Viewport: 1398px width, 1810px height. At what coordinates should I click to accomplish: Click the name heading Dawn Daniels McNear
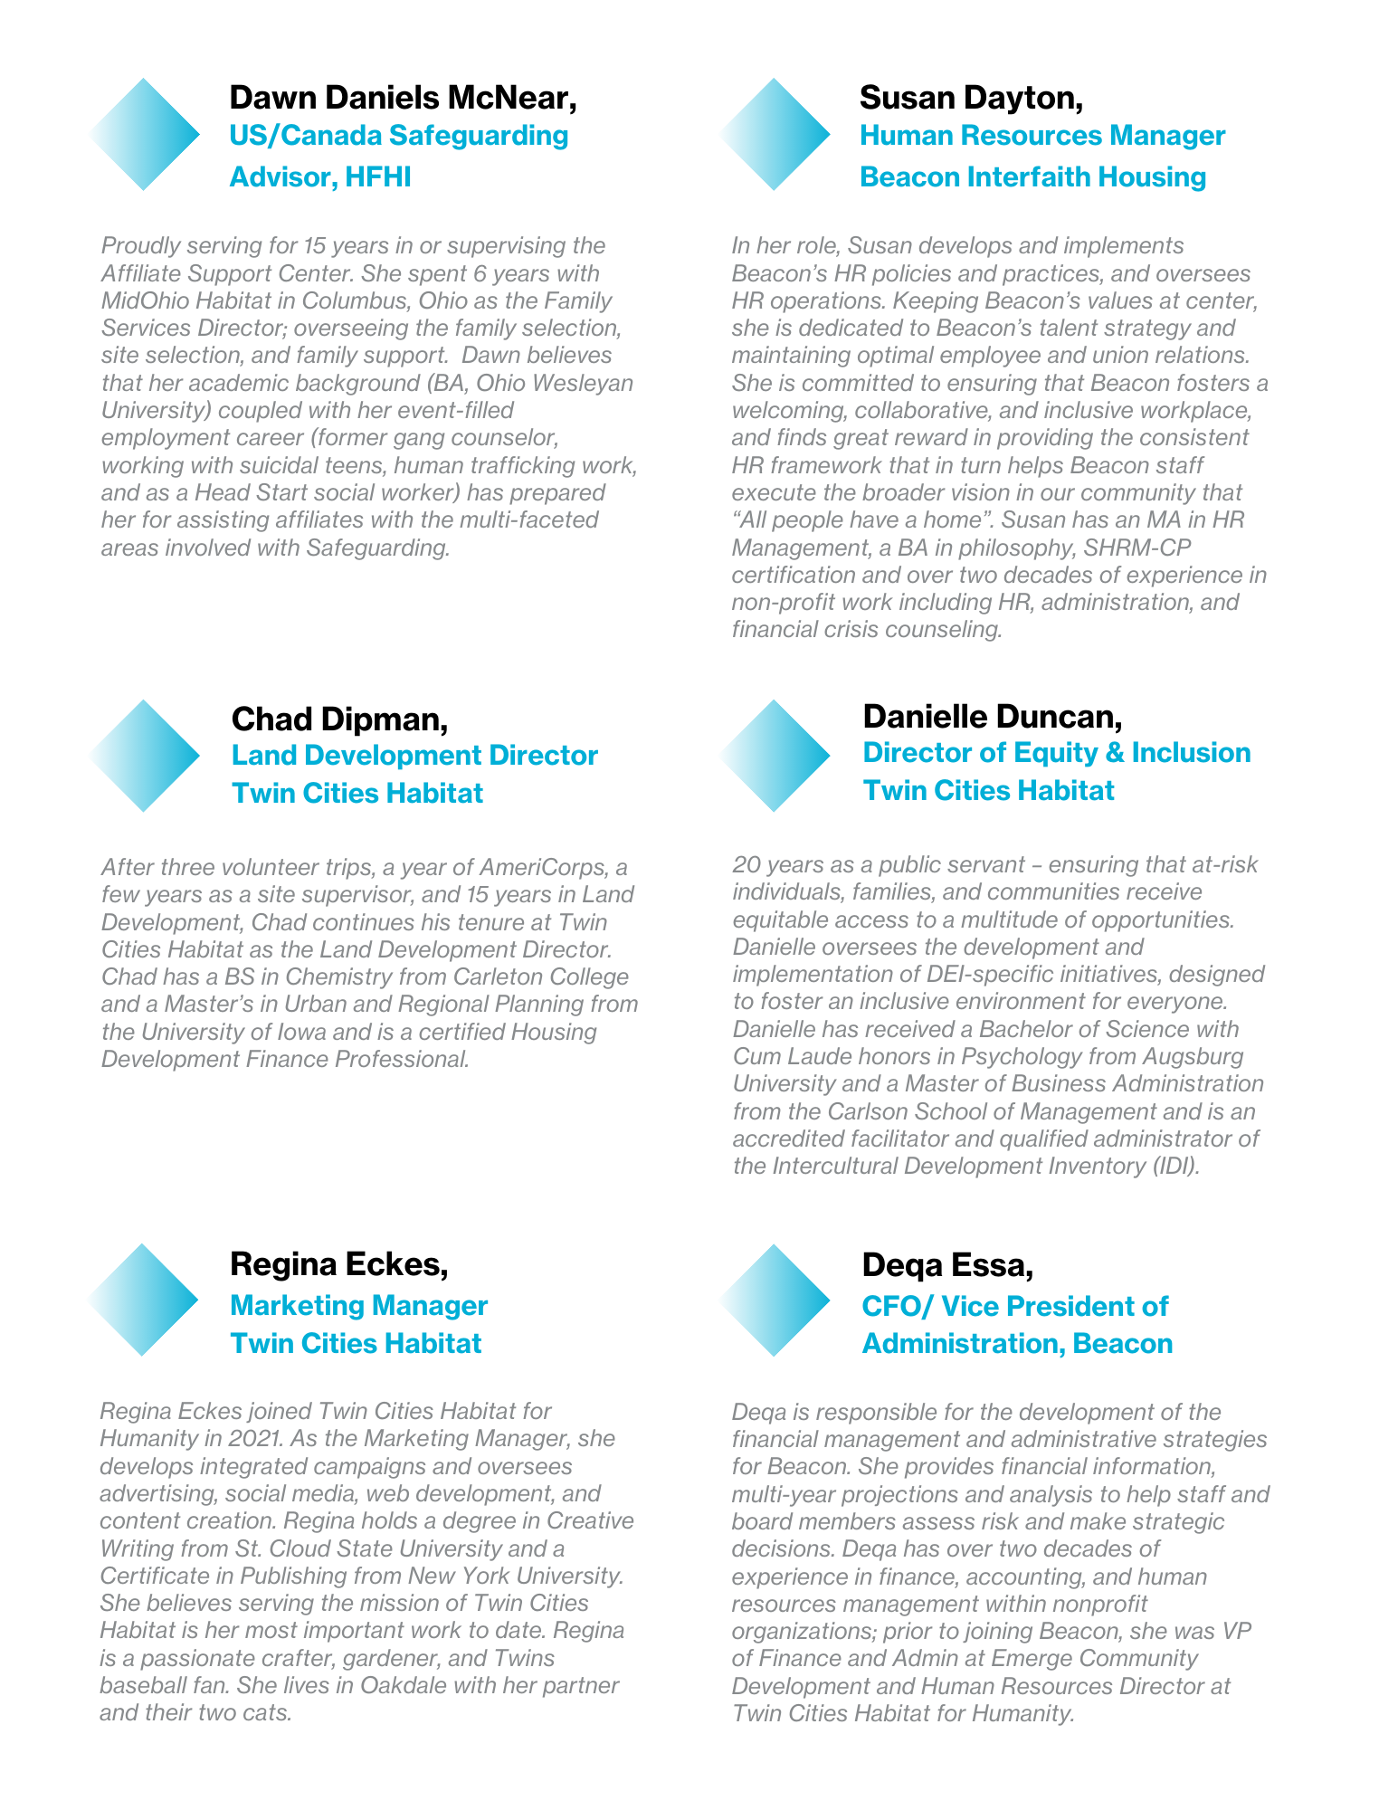403,98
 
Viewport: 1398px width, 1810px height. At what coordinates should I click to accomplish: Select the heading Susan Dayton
971,98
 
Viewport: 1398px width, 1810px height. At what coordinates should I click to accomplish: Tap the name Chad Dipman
339,719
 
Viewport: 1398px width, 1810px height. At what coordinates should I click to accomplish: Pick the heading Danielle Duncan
993,717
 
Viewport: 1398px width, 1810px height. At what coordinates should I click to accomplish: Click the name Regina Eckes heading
339,1264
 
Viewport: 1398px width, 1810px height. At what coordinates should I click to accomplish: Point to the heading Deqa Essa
947,1265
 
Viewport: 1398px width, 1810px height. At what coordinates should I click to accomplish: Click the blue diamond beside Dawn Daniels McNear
145,134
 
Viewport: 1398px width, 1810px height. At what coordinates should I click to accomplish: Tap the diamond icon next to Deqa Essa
775,1300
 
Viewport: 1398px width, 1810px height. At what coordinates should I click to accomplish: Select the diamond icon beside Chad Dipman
145,756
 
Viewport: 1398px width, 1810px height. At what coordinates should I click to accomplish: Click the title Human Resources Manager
1041,136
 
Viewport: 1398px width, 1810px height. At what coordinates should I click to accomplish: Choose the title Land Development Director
414,756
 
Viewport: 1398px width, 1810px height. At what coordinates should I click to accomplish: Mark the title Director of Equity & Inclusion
1056,753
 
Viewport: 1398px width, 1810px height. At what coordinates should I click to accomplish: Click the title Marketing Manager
358,1306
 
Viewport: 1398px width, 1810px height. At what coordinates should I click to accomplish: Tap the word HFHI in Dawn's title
377,177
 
